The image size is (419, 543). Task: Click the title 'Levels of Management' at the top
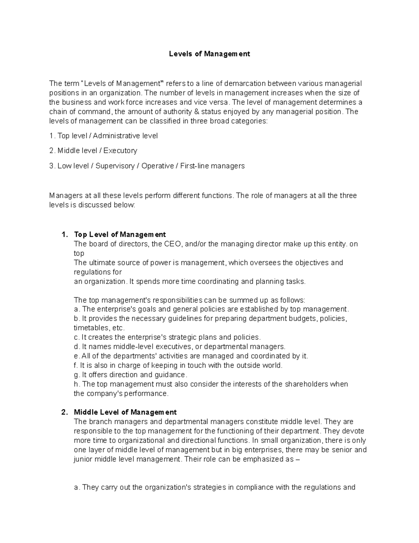click(x=209, y=54)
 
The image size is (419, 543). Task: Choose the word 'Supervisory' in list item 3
click(x=115, y=166)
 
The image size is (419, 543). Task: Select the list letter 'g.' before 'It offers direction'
click(x=77, y=375)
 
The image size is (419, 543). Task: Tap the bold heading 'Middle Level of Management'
click(x=125, y=412)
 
